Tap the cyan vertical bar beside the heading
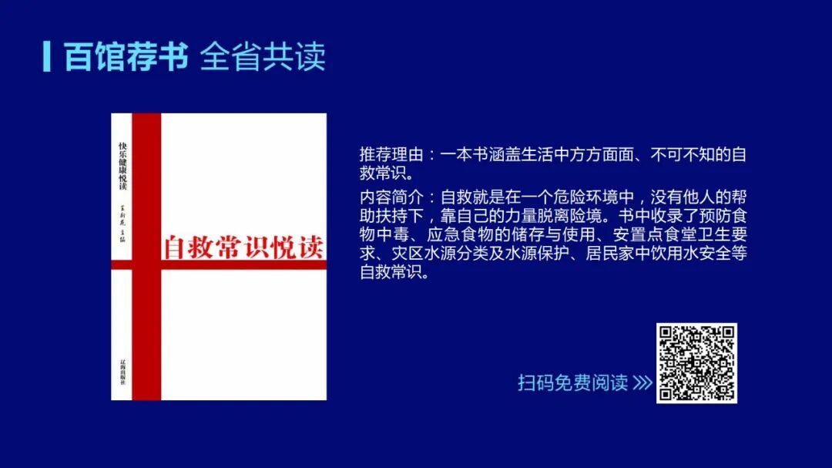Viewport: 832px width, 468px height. [x=47, y=56]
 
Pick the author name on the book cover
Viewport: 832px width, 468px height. [x=122, y=224]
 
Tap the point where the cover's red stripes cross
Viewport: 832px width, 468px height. [x=146, y=264]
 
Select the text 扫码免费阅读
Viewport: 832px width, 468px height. [x=572, y=383]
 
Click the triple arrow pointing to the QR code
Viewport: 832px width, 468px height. [x=642, y=383]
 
